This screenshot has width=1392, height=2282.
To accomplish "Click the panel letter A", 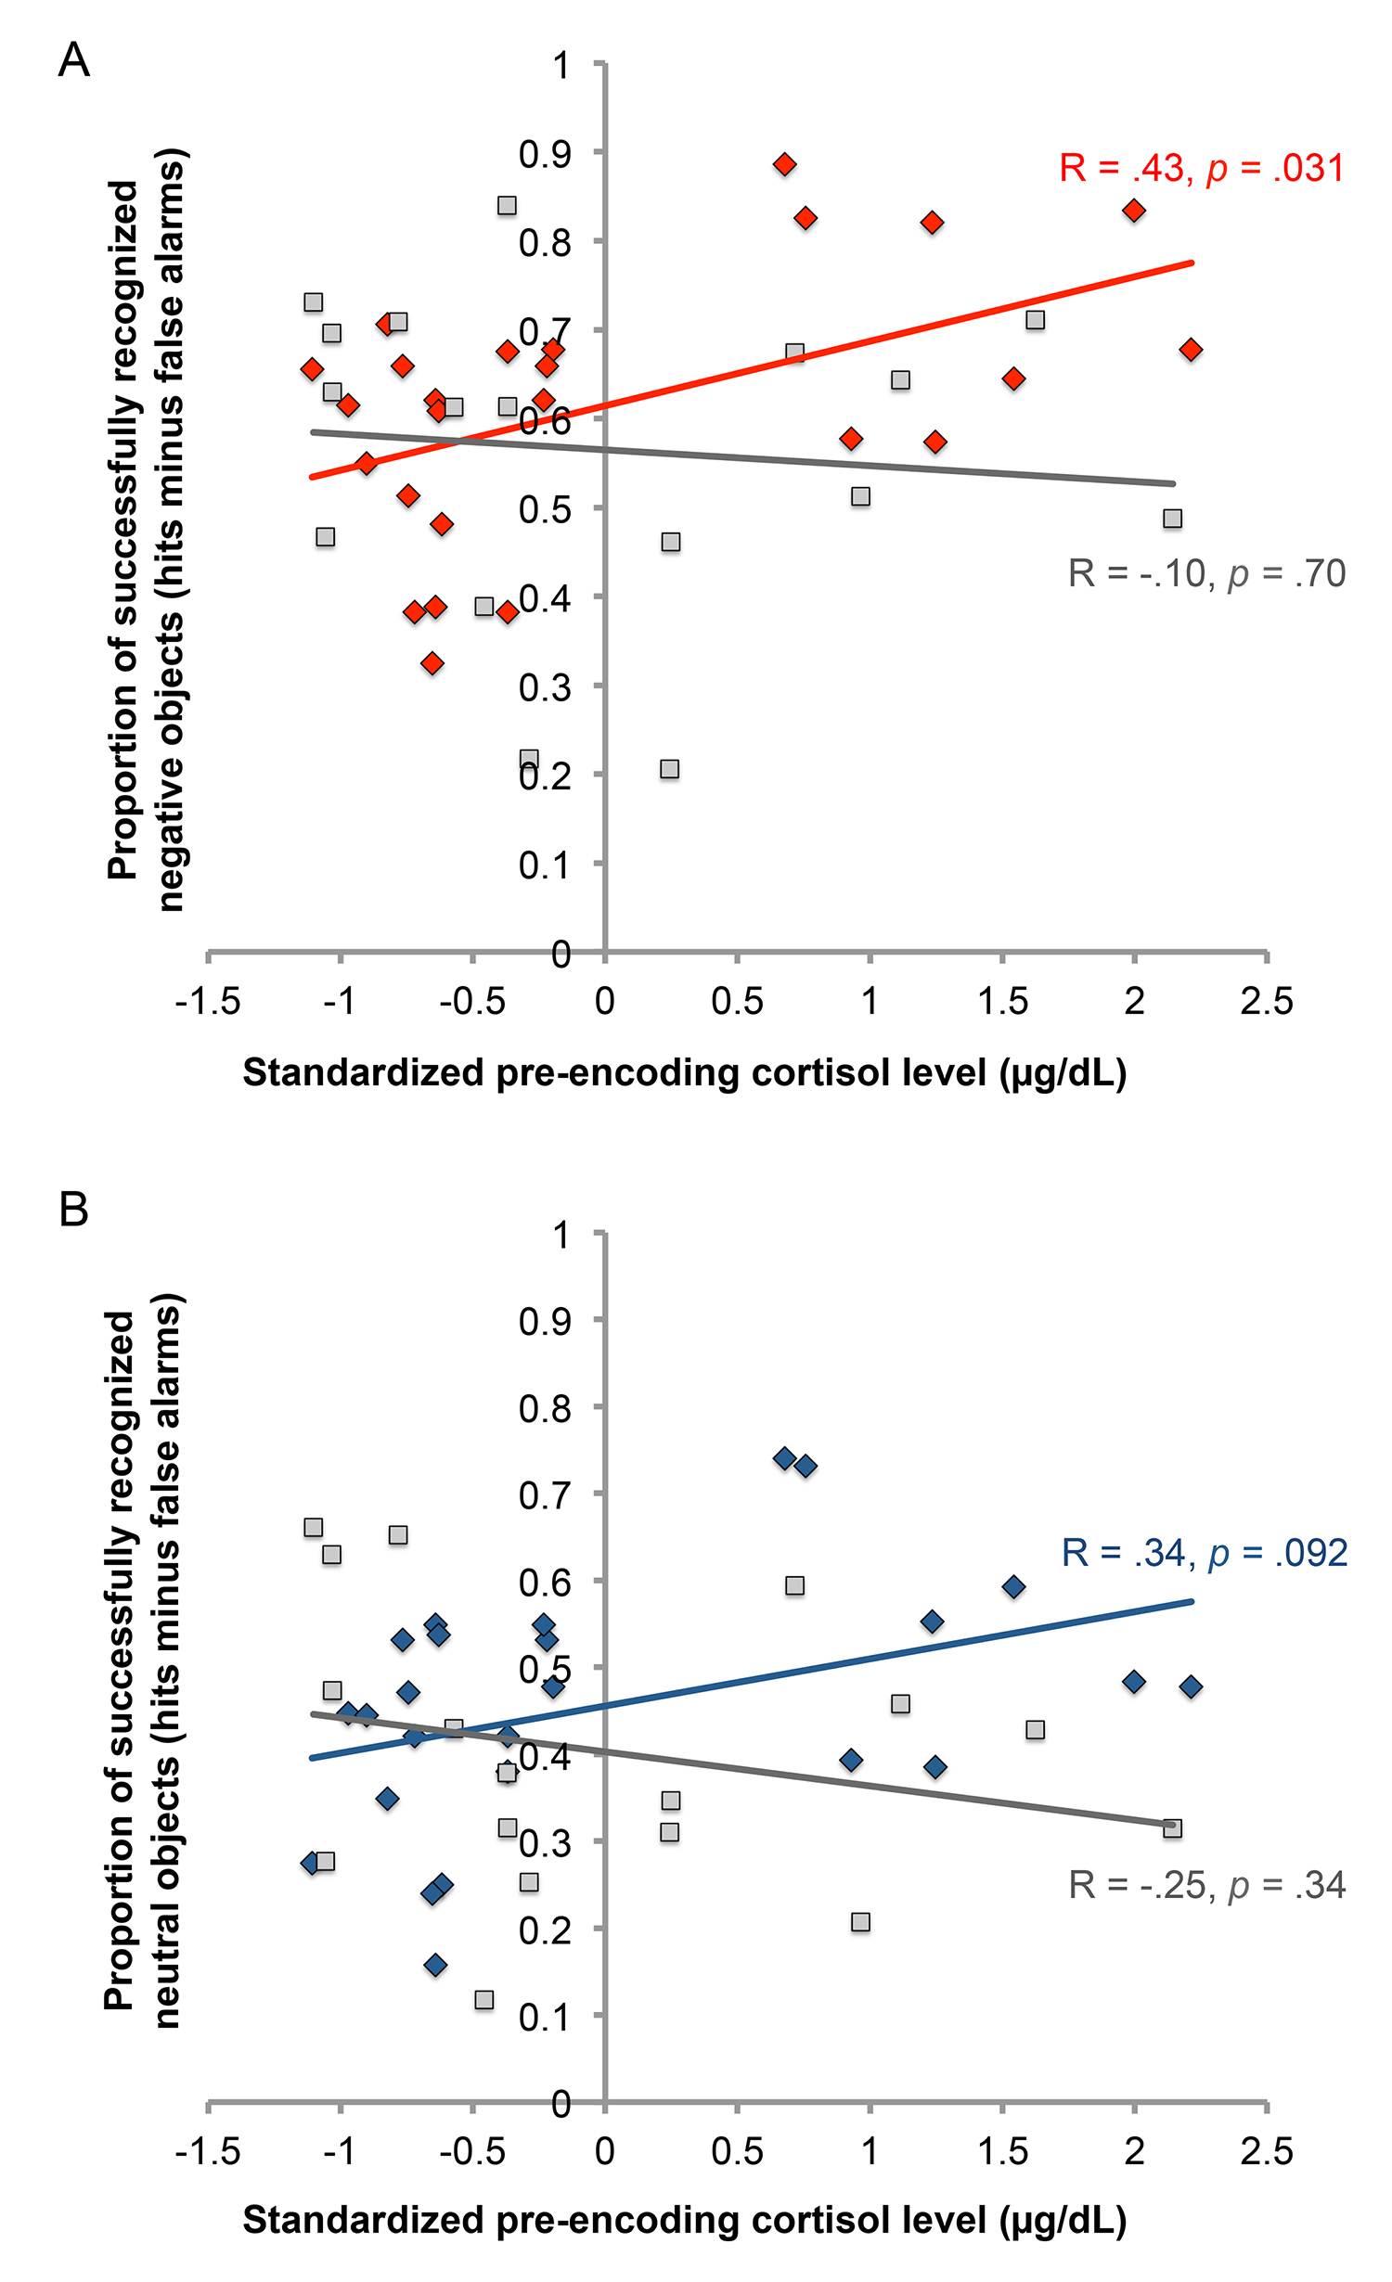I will click(x=73, y=61).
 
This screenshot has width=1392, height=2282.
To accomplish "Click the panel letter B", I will click(x=73, y=1210).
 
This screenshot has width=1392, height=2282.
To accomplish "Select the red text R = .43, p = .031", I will click(x=1202, y=169).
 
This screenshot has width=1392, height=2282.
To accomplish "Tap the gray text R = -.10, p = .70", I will click(x=1206, y=574).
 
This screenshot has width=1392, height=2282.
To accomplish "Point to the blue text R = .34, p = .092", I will click(x=1204, y=1553).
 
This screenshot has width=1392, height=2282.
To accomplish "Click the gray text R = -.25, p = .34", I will click(x=1206, y=1885).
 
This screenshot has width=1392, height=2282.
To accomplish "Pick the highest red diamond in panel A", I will click(x=784, y=165).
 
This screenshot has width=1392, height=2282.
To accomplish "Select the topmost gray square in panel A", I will click(x=507, y=205).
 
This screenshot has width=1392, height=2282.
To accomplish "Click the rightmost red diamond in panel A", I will click(x=1191, y=350).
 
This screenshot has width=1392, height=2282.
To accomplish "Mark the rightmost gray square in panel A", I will click(x=1172, y=519).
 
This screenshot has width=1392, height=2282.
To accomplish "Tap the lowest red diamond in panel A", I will click(x=432, y=663).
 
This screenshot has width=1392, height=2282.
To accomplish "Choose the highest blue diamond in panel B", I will click(x=784, y=1458).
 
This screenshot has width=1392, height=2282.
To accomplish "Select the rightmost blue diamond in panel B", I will click(x=1191, y=1686).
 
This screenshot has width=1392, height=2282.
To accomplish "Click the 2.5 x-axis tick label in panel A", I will click(x=1266, y=1002).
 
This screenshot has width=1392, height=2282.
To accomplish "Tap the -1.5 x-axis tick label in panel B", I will click(x=208, y=2150).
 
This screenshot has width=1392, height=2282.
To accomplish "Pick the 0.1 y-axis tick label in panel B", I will click(x=545, y=2017).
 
